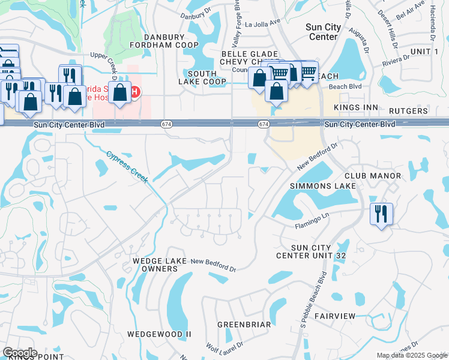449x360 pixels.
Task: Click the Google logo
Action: [x=20, y=353]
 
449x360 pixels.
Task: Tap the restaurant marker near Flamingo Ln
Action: [x=381, y=214]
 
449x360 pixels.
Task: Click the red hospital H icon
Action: [x=135, y=92]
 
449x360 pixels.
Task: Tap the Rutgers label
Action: [x=408, y=111]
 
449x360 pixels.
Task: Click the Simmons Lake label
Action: [x=323, y=186]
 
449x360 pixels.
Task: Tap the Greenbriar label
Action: [x=244, y=324]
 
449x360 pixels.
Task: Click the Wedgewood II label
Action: [x=159, y=334]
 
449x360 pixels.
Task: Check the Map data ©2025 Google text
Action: [x=412, y=355]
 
